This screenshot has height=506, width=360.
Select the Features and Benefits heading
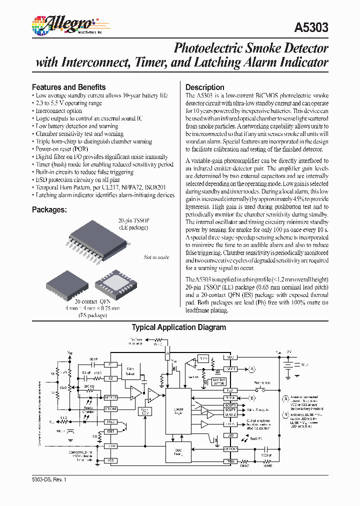click(x=69, y=87)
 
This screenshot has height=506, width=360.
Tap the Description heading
click(x=205, y=87)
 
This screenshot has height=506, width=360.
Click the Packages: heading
click(x=49, y=210)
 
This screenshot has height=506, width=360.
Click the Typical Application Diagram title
click(x=179, y=327)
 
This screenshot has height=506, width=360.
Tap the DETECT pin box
click(x=110, y=397)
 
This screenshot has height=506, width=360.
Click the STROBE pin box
click(x=110, y=409)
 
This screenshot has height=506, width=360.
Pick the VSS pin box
click(x=110, y=460)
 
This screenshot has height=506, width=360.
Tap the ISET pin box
click(x=110, y=431)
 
